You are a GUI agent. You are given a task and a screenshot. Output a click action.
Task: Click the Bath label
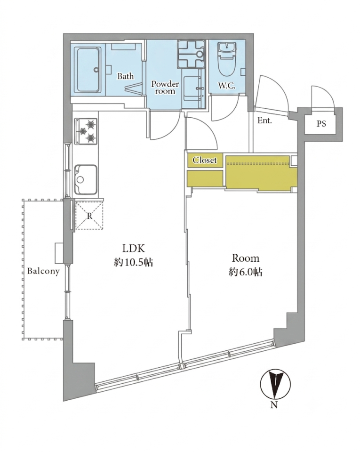(x=125, y=76)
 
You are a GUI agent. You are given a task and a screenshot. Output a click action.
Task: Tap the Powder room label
(x=165, y=88)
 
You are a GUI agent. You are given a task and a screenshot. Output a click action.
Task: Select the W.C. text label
(x=227, y=86)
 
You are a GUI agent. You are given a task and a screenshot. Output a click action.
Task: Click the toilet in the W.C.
(x=227, y=61)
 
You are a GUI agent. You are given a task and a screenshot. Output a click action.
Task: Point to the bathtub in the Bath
(x=88, y=70)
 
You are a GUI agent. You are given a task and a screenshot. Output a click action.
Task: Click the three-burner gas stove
(x=86, y=131)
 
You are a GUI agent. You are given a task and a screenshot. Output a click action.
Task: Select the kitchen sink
(x=86, y=179)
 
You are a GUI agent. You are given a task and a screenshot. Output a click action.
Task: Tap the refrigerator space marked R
(x=89, y=216)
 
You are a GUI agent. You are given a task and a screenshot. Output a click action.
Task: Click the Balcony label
(x=43, y=271)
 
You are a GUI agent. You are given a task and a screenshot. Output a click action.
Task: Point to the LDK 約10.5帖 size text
(x=133, y=255)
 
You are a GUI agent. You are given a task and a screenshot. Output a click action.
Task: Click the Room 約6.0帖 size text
(x=246, y=265)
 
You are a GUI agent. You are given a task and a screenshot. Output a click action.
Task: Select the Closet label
(x=205, y=160)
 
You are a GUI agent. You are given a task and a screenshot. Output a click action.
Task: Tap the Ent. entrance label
(x=264, y=121)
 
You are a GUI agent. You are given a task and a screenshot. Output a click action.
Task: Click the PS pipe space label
(x=321, y=124)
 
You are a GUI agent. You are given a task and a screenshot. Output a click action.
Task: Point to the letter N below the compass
(x=274, y=405)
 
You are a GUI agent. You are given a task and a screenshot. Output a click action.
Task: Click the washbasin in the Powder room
(x=193, y=88)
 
